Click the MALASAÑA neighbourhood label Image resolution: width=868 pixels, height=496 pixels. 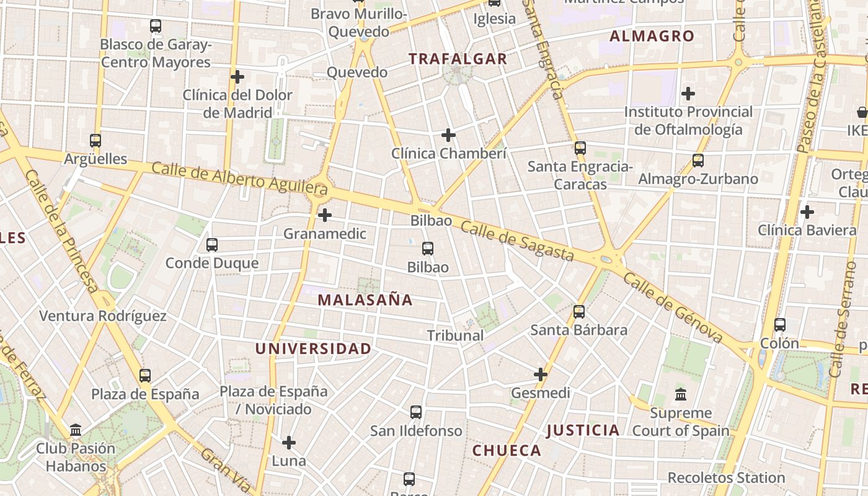(365, 300)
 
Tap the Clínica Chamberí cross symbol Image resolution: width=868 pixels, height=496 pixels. (448, 135)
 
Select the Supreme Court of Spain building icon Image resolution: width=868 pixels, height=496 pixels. (681, 394)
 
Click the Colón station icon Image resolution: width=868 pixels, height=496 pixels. (780, 325)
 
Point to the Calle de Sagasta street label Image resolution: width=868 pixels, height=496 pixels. (517, 242)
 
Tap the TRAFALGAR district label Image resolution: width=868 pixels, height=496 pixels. (458, 59)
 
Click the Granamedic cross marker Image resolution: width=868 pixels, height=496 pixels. (324, 215)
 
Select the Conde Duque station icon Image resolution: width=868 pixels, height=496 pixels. (212, 245)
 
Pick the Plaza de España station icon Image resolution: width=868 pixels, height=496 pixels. (145, 376)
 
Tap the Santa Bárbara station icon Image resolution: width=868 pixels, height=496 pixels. (579, 312)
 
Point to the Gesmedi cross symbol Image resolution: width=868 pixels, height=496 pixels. (541, 374)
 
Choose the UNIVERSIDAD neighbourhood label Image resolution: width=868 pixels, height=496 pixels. (313, 348)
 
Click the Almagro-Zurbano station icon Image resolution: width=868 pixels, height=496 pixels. (698, 161)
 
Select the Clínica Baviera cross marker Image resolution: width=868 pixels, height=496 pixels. (807, 212)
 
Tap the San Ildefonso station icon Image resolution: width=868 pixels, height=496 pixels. (416, 412)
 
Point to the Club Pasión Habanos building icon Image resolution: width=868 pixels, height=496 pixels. (76, 430)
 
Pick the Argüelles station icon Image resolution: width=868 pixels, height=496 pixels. (95, 141)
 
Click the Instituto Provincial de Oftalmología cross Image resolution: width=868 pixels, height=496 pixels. (688, 94)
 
